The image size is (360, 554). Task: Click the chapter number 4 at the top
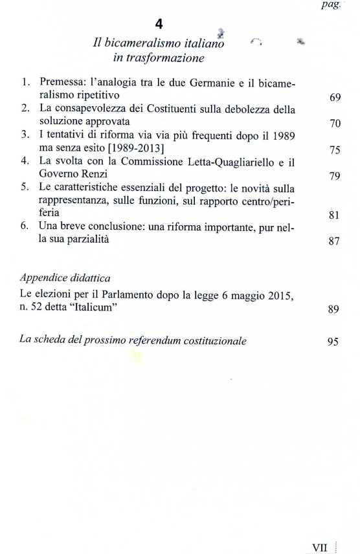tap(159, 25)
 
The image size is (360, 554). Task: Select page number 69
tap(335, 98)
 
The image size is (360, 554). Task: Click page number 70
tap(335, 123)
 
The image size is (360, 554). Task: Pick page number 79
tap(335, 175)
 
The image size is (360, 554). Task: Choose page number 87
tap(335, 241)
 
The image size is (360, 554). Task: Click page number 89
tap(334, 309)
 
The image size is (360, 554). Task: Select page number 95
tap(333, 342)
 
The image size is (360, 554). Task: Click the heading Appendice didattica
tap(65, 278)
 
